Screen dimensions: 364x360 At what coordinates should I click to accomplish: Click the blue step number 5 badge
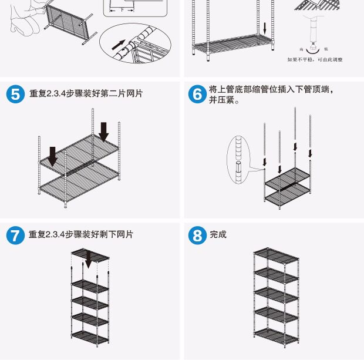[x=15, y=95]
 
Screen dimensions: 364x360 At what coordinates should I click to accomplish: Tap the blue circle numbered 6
[x=197, y=95]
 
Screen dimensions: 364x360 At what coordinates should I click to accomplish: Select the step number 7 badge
[x=15, y=235]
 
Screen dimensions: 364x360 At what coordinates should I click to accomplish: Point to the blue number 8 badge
[x=197, y=235]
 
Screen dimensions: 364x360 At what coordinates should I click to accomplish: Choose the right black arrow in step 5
[x=104, y=132]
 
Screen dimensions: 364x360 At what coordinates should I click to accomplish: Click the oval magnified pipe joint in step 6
[x=238, y=157]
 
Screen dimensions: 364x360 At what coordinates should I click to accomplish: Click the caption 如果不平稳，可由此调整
[x=315, y=59]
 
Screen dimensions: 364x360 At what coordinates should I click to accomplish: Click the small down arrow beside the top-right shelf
[x=264, y=28]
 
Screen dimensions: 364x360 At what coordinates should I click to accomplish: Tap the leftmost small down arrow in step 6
[x=265, y=162]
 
